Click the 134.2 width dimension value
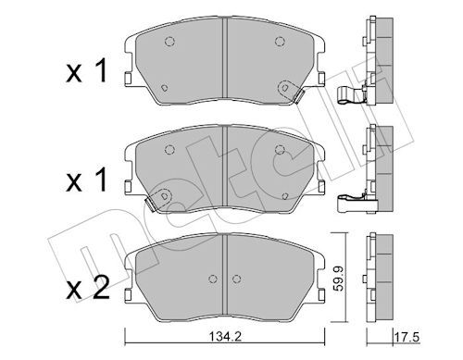225,336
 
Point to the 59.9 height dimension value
339,279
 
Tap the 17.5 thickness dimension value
407,337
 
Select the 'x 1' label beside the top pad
87,71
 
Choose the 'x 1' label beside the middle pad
87,180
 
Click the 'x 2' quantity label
88,288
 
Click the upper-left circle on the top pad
169,41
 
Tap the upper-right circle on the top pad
280,41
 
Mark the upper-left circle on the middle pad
169,150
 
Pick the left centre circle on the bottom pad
213,279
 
